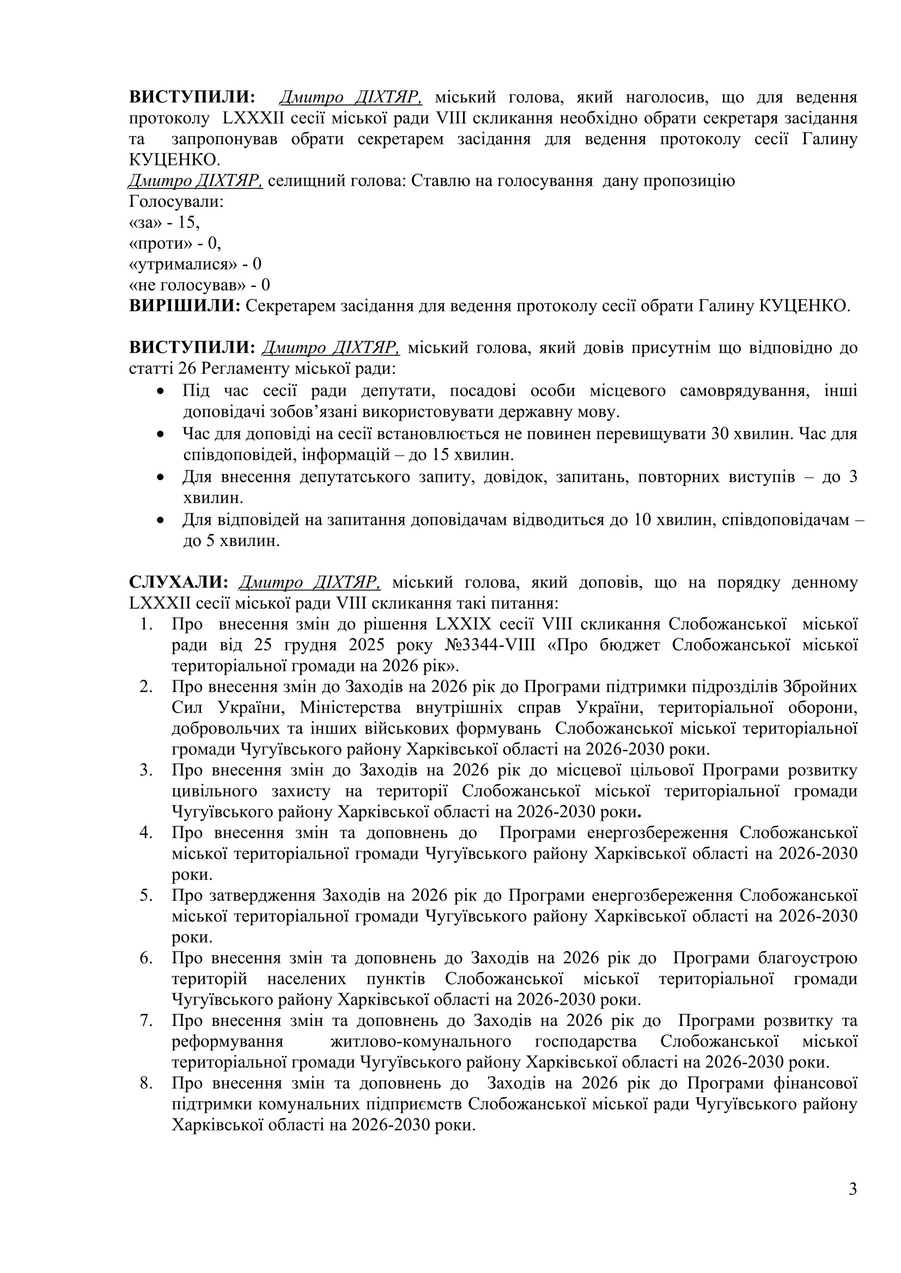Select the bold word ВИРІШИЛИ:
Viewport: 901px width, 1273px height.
click(x=185, y=305)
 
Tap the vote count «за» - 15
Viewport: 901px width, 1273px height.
click(x=164, y=223)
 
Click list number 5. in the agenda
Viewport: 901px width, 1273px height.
click(x=146, y=895)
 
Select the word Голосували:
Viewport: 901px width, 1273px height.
click(x=176, y=201)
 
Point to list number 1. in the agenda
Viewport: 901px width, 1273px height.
click(x=146, y=624)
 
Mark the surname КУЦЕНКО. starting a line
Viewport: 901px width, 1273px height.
click(x=175, y=159)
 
